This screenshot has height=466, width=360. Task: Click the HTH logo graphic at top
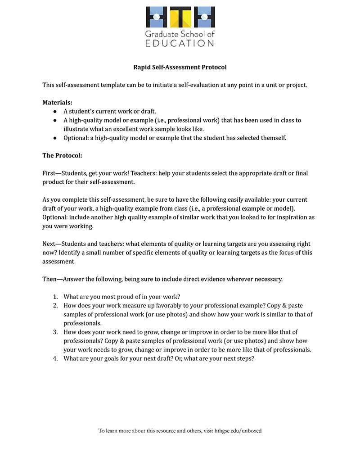point(180,17)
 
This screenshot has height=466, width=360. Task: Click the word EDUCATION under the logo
point(180,43)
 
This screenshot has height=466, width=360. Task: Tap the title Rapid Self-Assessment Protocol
point(180,67)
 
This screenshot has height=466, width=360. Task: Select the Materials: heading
point(57,102)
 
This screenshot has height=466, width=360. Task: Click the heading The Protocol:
point(62,155)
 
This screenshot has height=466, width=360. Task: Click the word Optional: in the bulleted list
point(76,138)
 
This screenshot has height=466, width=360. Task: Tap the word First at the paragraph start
point(49,173)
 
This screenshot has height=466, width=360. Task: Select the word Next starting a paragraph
point(49,244)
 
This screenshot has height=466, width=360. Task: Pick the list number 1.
point(55,297)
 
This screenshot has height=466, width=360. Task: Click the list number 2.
point(55,306)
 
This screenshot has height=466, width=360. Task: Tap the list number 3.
point(55,332)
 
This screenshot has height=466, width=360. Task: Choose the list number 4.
point(55,359)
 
